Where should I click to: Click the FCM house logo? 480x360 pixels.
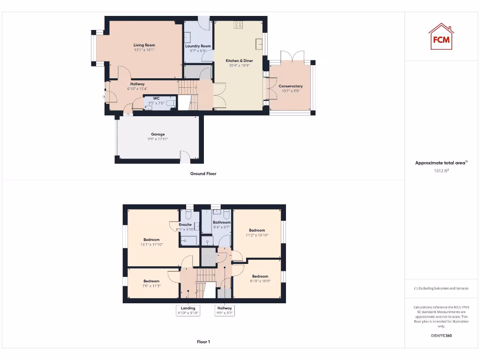[x=441, y=37]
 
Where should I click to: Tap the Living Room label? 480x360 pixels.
[x=144, y=45]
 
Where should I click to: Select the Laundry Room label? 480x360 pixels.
[x=198, y=46]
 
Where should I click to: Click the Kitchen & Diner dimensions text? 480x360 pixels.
[x=239, y=66]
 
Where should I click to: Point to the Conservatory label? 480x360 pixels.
[x=291, y=86]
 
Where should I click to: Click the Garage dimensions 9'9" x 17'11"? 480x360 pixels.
[x=157, y=139]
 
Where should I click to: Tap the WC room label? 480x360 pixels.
[x=156, y=98]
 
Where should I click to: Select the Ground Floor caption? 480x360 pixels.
[x=203, y=173]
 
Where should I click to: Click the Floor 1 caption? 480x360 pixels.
[x=203, y=342]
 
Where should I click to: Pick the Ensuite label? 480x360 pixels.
[x=185, y=225]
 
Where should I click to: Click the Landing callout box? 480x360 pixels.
[x=188, y=310]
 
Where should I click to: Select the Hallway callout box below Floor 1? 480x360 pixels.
[x=224, y=310]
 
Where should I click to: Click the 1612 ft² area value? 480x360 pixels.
[x=441, y=171]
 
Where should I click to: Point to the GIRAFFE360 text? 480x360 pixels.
[x=441, y=336]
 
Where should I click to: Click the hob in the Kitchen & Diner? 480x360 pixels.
[x=238, y=25]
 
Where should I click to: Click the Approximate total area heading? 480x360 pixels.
[x=441, y=163]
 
